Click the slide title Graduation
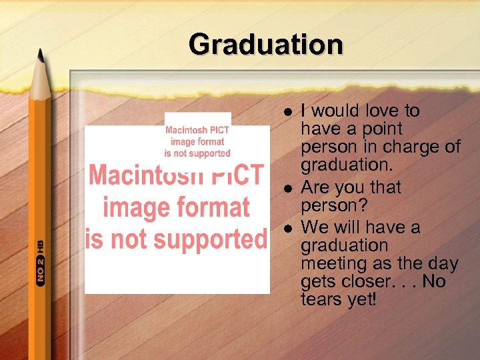(265, 45)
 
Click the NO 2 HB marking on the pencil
(41, 264)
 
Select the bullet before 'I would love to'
(287, 111)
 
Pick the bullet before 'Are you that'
(287, 190)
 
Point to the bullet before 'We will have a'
(287, 229)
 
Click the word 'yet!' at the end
(363, 300)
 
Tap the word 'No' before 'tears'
(433, 282)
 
